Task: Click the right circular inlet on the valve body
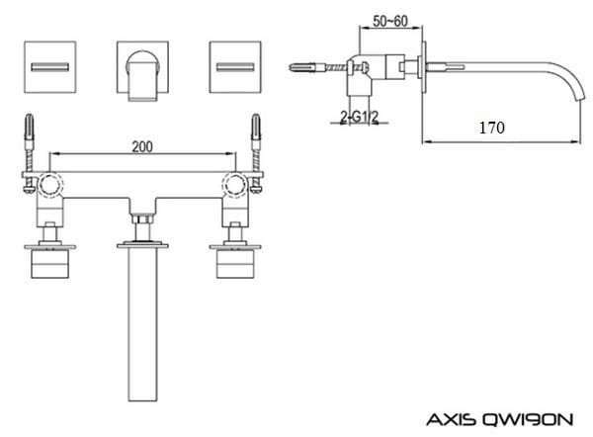[x=237, y=182]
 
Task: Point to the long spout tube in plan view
[x=145, y=326]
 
